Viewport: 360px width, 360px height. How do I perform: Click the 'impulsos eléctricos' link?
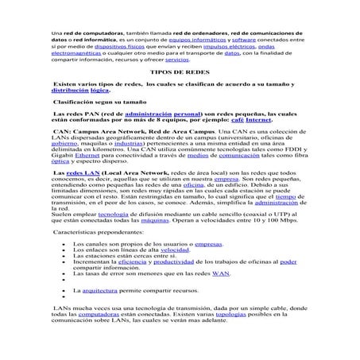225,45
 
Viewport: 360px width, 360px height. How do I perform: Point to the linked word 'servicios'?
177,60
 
